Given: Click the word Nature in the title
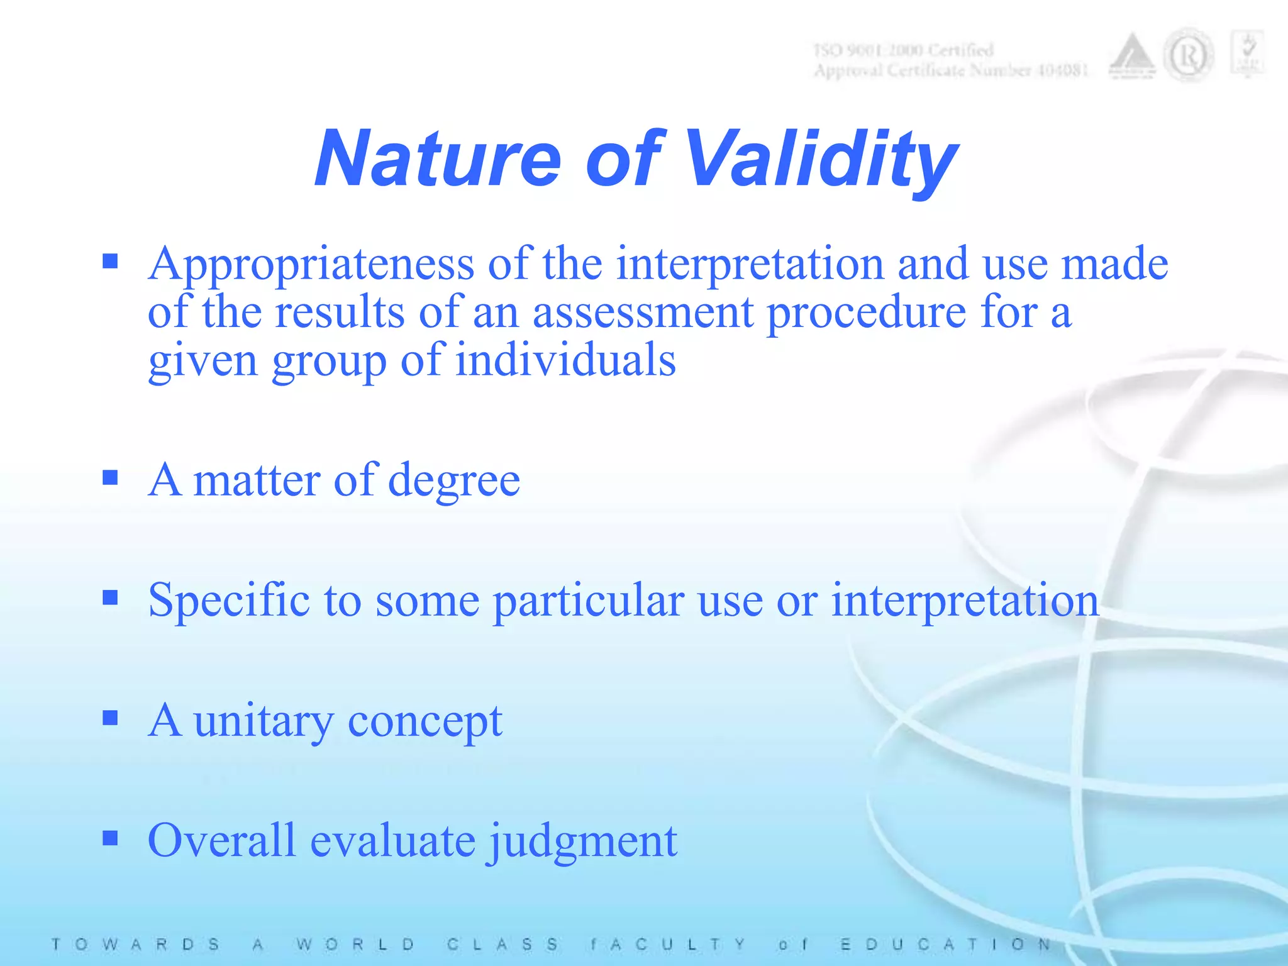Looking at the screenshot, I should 437,158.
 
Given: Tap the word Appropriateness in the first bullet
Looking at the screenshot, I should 311,264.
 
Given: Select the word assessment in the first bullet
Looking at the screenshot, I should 643,313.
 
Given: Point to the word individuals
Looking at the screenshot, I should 565,361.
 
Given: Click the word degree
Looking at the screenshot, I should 454,480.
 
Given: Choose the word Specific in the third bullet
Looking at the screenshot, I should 228,601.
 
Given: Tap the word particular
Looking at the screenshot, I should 588,601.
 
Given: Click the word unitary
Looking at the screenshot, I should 264,721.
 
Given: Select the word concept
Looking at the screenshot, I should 425,721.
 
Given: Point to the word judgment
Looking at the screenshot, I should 583,841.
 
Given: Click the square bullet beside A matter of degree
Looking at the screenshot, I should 110,478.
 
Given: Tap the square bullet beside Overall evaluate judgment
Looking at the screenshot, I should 110,838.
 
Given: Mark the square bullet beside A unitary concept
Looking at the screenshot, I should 110,718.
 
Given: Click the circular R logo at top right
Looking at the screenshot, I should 1188,57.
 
